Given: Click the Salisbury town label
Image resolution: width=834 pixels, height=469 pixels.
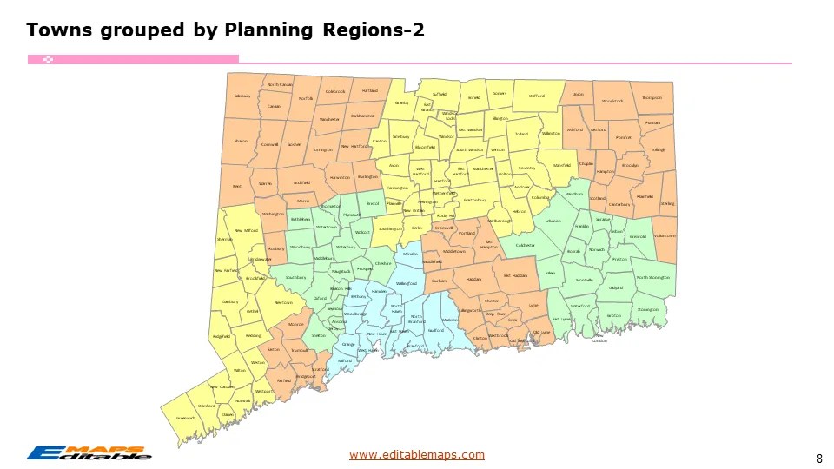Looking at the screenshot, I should [x=242, y=96].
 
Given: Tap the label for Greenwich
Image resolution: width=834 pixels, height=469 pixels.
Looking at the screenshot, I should [x=186, y=418].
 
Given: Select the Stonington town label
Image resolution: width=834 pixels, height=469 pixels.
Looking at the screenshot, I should [x=647, y=309].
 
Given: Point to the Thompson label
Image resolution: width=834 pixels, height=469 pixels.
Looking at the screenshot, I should [x=652, y=98].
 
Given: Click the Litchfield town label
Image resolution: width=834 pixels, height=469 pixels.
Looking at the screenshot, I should [x=301, y=182].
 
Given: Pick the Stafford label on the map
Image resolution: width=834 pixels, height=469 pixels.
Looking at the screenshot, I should [x=536, y=96].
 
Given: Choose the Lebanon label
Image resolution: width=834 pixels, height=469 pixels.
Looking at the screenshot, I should [x=553, y=221].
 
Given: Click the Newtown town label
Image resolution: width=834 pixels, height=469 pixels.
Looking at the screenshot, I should [x=283, y=302].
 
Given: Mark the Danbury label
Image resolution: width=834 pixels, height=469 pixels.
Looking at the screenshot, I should [x=230, y=301].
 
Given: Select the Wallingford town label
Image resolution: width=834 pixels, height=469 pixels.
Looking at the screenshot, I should [x=407, y=283].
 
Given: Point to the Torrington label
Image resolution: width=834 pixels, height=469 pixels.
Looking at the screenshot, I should [x=322, y=149].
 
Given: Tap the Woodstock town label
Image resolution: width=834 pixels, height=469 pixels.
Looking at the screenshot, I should [x=612, y=102].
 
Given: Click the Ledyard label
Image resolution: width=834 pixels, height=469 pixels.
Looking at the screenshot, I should [x=616, y=287].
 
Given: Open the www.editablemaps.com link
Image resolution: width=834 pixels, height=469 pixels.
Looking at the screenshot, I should [x=417, y=454].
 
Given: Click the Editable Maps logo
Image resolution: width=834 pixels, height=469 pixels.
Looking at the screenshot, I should [x=89, y=452].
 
